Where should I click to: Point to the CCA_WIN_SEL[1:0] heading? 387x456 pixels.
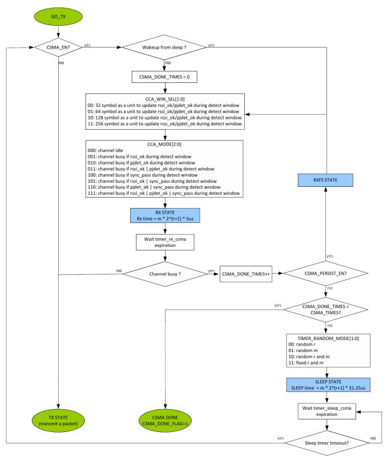click(166, 98)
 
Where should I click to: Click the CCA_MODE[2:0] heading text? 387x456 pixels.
click(166, 145)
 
